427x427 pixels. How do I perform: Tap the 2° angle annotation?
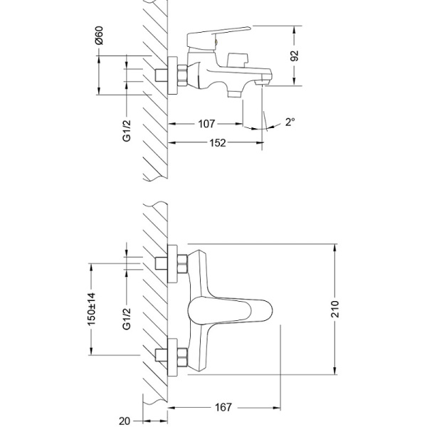tap(290, 122)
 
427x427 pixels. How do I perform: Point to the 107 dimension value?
tap(206, 124)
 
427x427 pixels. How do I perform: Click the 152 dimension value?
tap(217, 143)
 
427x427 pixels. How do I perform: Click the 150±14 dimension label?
tap(90, 309)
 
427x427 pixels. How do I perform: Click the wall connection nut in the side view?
tap(181, 74)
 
